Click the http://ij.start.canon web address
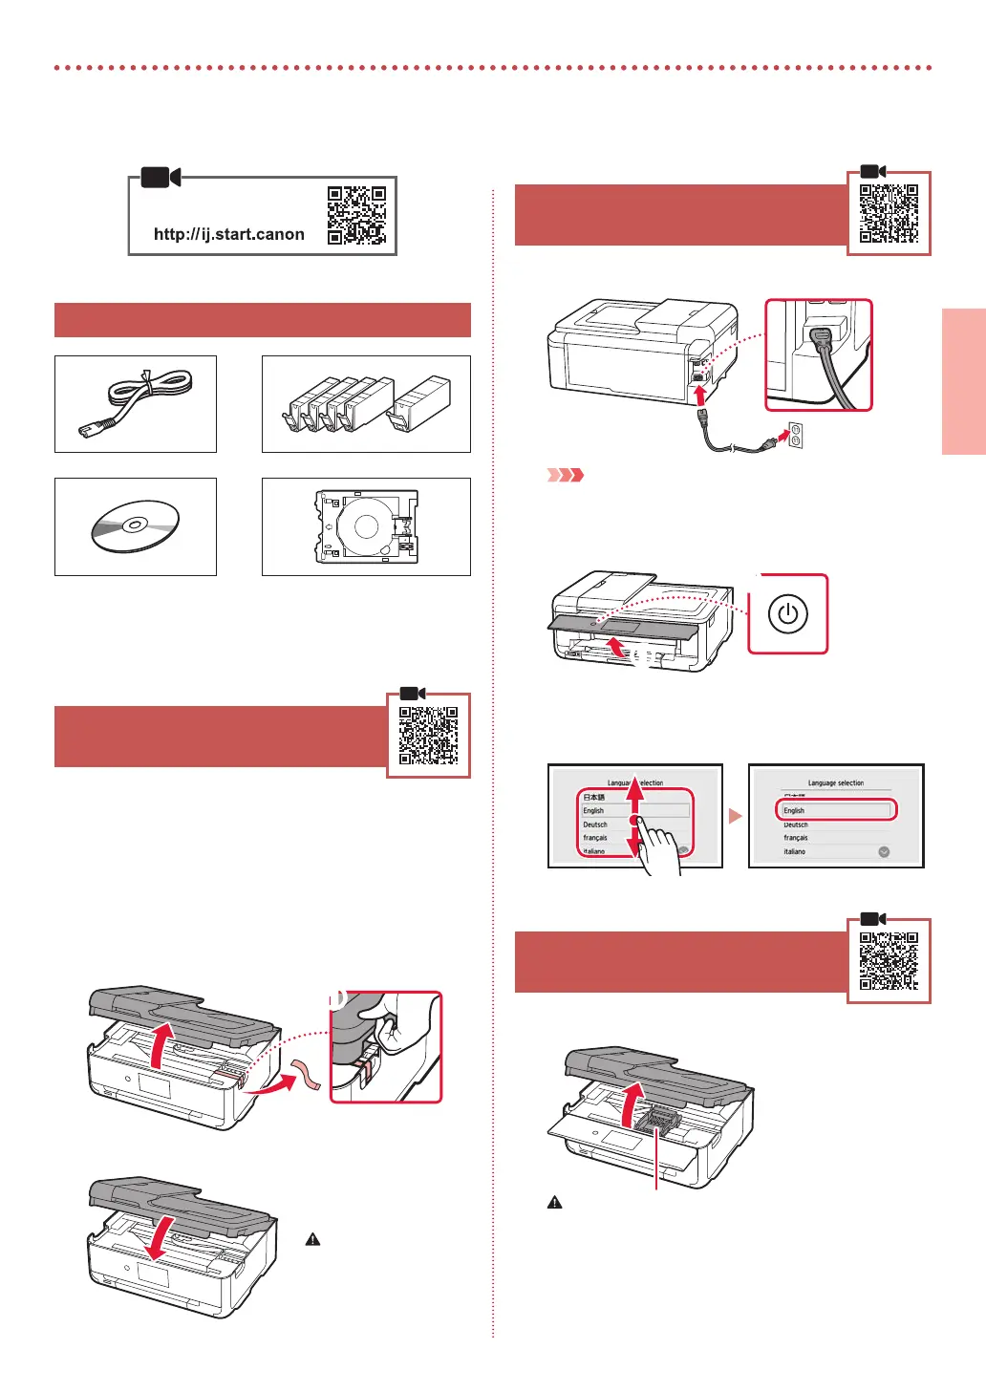[x=229, y=234]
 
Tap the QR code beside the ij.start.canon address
[x=356, y=216]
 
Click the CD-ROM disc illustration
[x=136, y=526]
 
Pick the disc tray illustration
[x=367, y=526]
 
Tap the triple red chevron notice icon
[x=565, y=475]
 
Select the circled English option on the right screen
[x=836, y=810]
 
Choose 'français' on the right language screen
[x=796, y=838]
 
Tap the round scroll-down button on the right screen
[x=884, y=851]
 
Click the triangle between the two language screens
[x=735, y=816]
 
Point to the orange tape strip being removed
[x=309, y=1074]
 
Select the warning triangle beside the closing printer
[x=312, y=1239]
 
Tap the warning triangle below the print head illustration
[x=554, y=1203]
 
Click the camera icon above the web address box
[x=161, y=178]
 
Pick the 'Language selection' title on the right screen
[x=836, y=783]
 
